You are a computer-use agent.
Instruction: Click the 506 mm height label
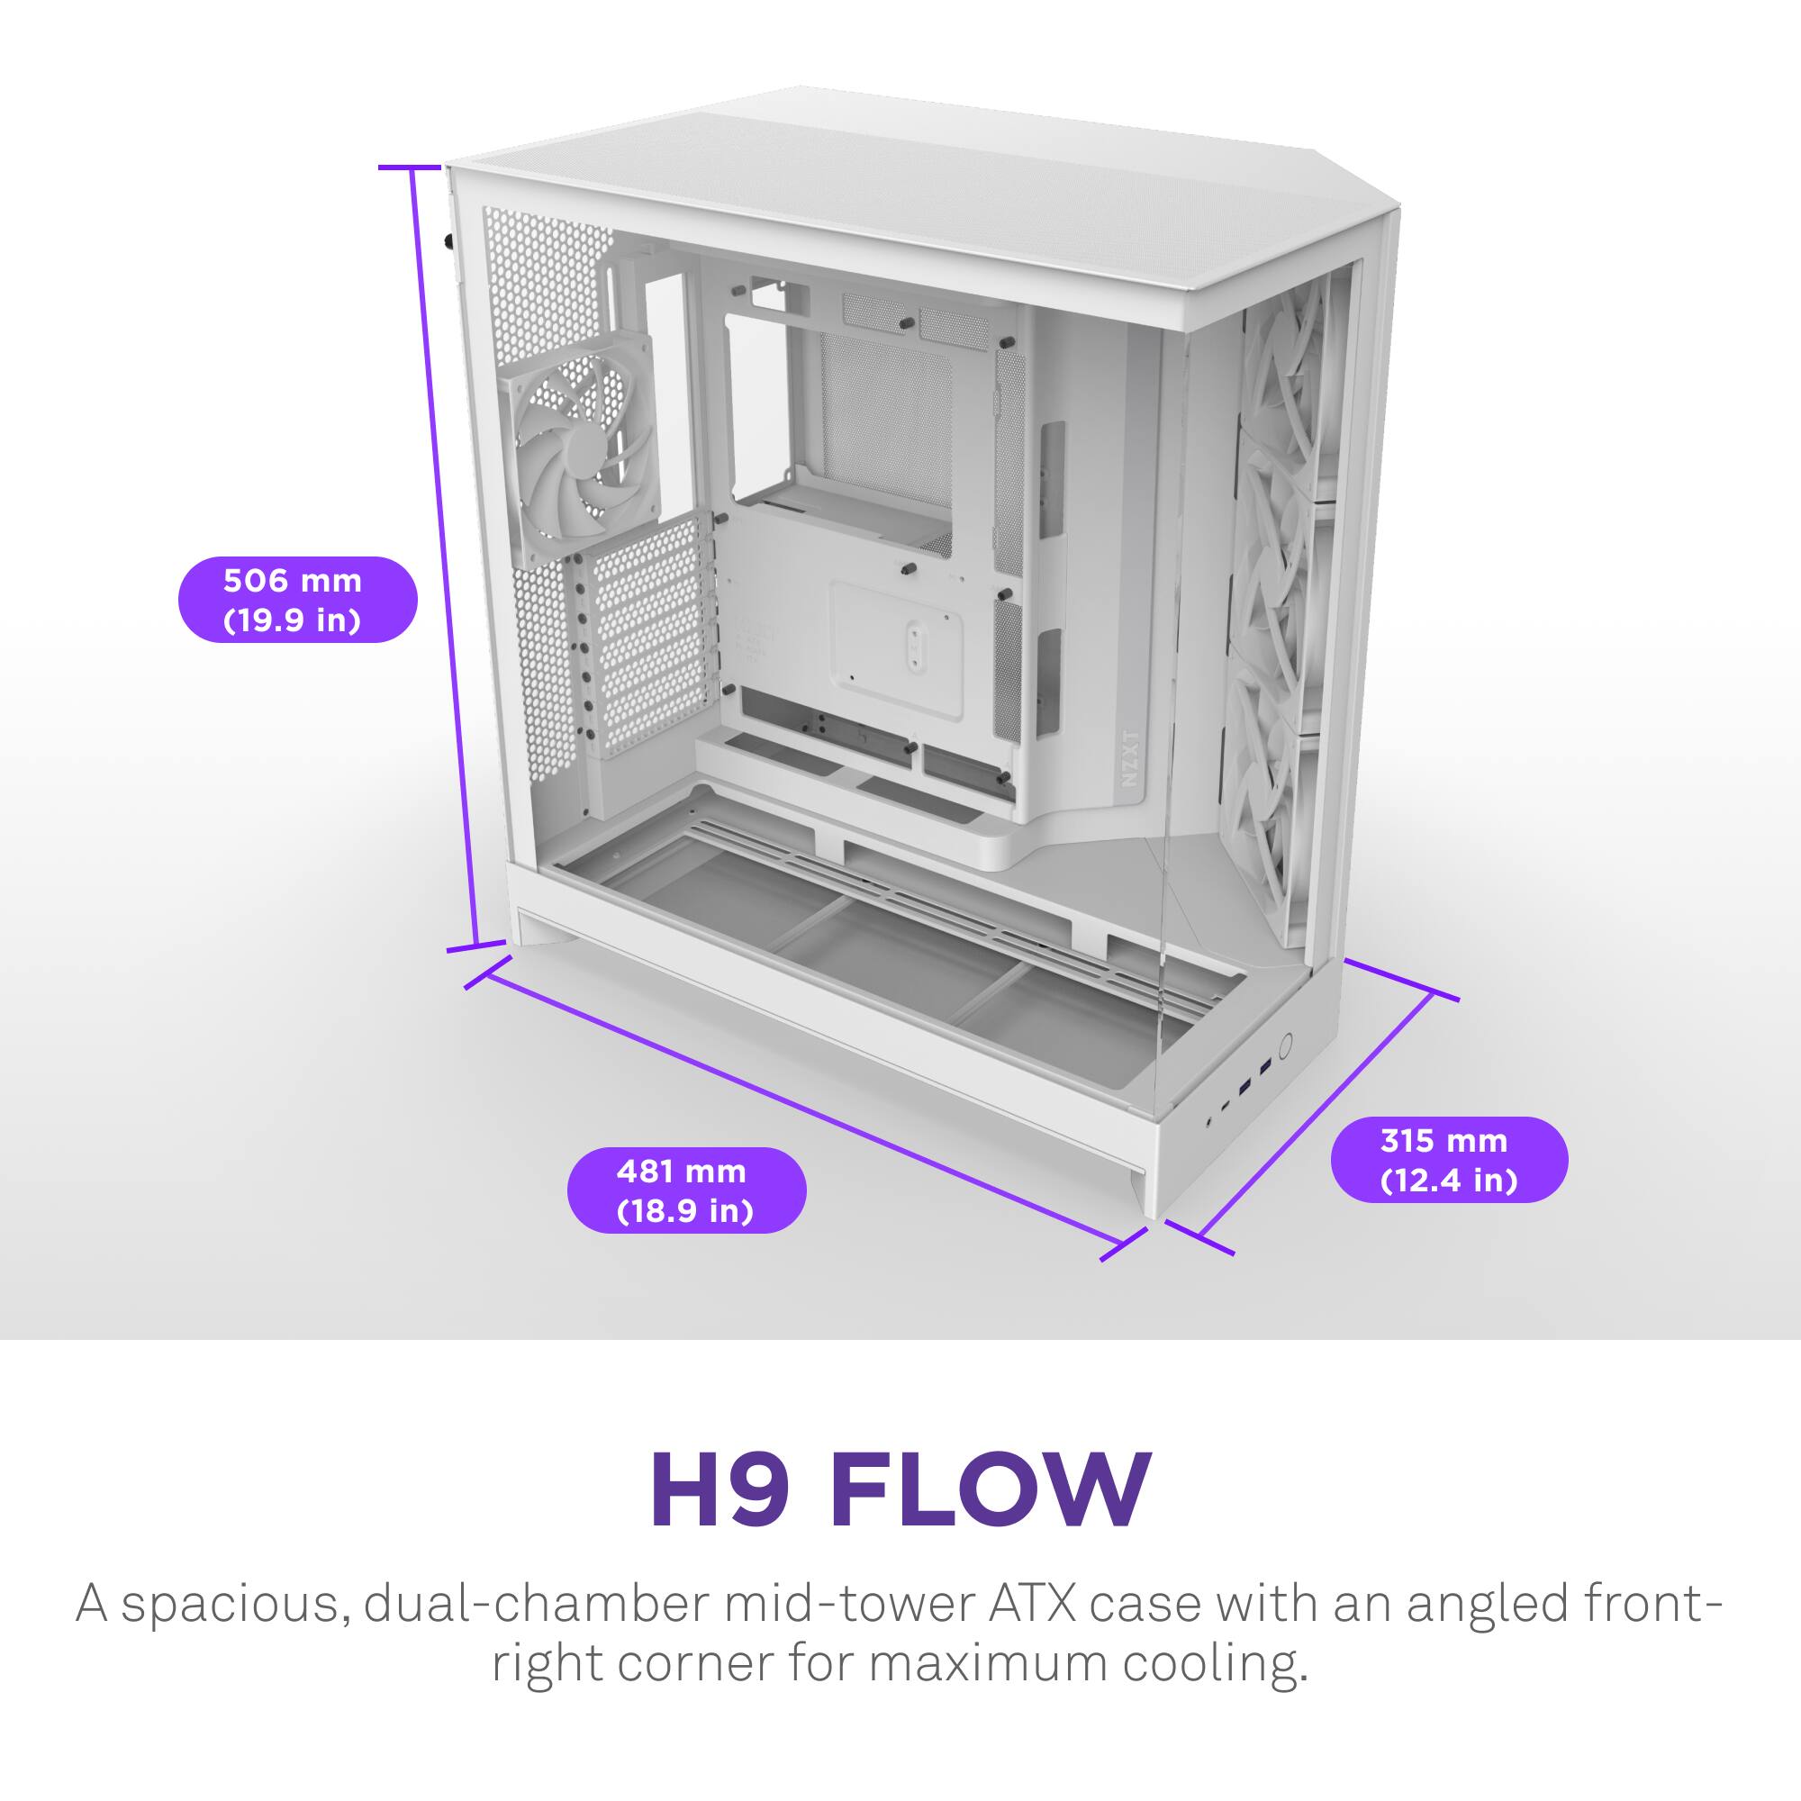coord(296,600)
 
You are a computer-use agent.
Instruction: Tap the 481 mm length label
coord(686,1190)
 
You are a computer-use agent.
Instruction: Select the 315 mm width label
coord(1449,1160)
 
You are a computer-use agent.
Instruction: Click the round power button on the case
coord(1288,1045)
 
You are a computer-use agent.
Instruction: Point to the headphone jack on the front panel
coord(1210,1122)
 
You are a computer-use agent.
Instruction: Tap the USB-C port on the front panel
coord(1226,1107)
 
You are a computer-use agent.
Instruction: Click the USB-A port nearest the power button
coord(1265,1067)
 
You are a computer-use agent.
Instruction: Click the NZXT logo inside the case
coord(1130,758)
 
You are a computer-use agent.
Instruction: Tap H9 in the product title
coord(719,1490)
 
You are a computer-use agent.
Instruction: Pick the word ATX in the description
coord(1033,1605)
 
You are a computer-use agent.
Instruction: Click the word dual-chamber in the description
coord(537,1605)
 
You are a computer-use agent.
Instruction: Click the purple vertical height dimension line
coord(445,559)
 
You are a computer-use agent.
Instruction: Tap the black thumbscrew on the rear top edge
coord(449,242)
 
